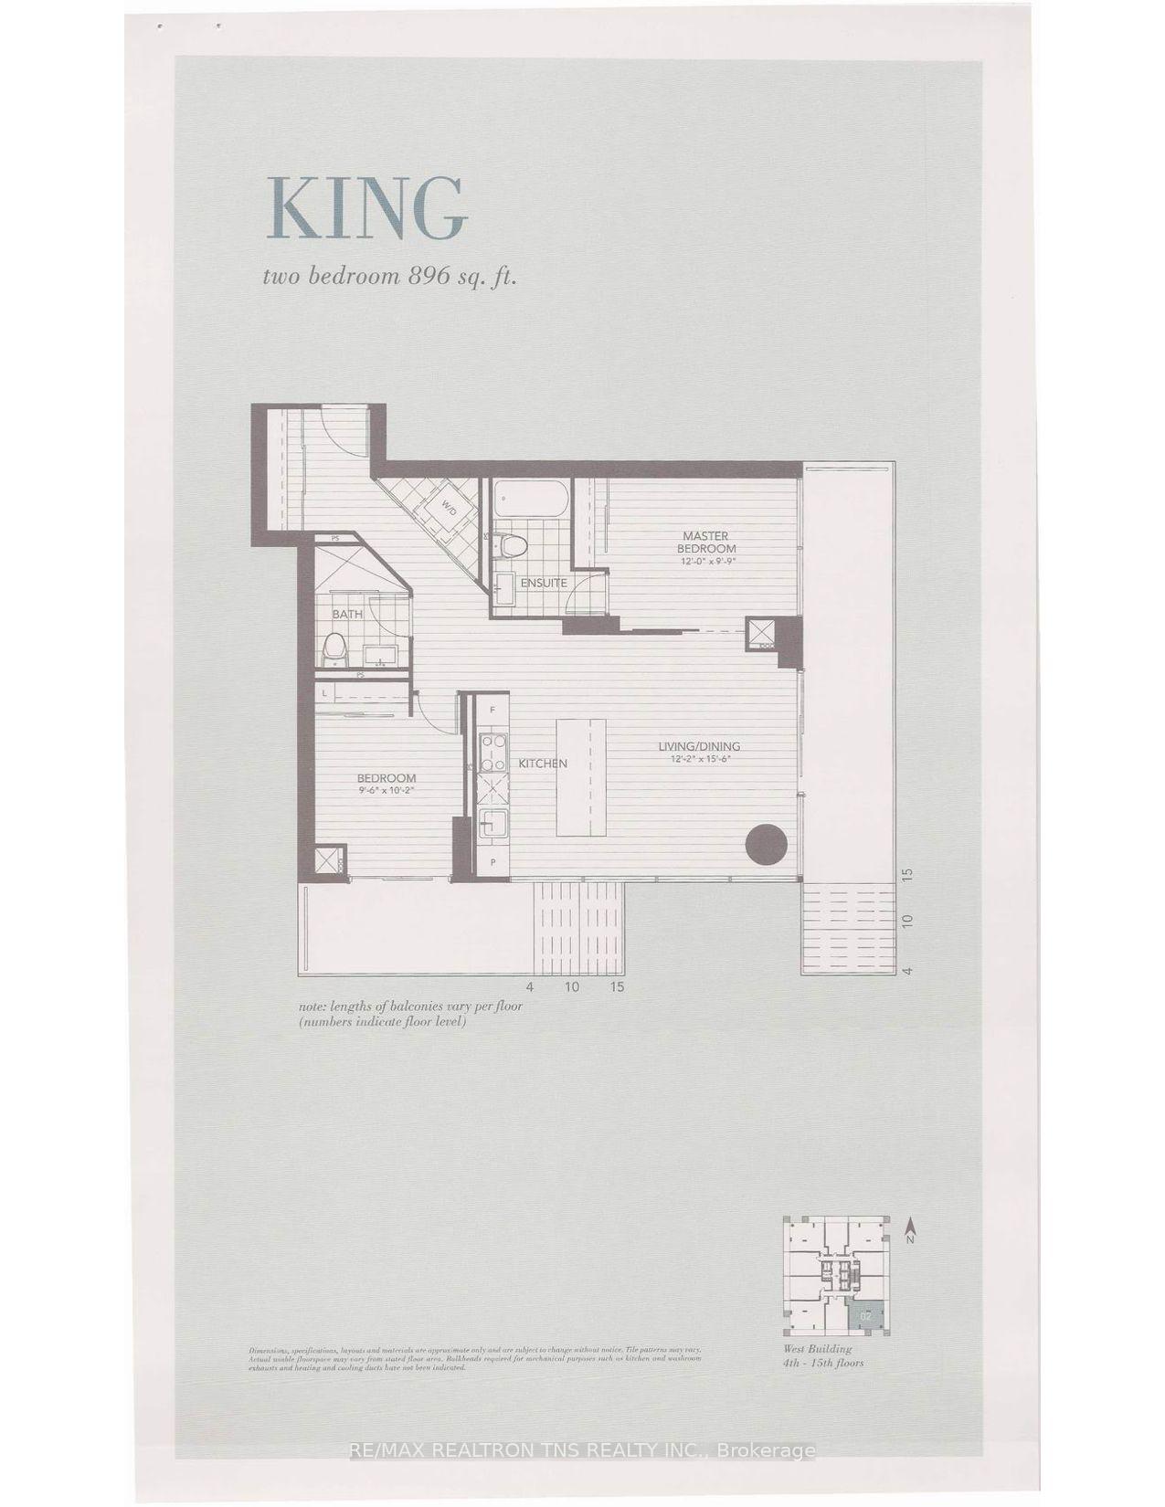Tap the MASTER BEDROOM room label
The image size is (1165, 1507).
click(705, 542)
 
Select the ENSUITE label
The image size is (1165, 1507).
click(544, 583)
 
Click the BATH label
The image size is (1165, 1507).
click(347, 614)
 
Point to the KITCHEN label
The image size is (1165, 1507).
click(544, 764)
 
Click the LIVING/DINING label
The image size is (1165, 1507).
click(699, 747)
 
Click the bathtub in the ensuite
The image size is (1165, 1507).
click(531, 500)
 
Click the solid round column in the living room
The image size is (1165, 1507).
click(766, 845)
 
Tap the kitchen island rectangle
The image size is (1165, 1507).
click(581, 776)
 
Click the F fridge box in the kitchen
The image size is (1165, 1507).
click(492, 710)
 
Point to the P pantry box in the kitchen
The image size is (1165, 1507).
click(492, 861)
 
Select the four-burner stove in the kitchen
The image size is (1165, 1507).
click(493, 751)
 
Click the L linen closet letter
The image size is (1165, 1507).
click(324, 695)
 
